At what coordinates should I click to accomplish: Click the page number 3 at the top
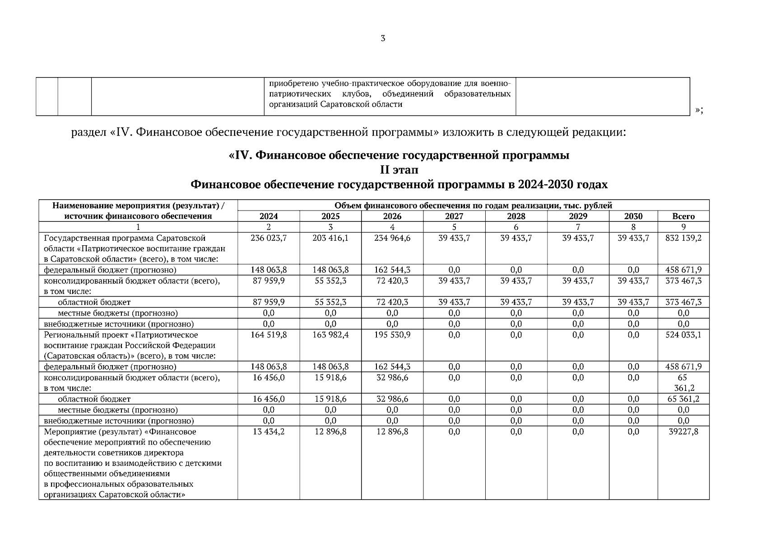click(383, 39)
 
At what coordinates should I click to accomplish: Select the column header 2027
click(454, 216)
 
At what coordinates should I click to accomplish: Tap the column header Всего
click(683, 216)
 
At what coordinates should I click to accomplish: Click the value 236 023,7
click(269, 238)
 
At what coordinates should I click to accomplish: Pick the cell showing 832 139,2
click(683, 238)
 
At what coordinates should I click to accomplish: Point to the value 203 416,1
click(330, 238)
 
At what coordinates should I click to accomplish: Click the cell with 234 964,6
click(392, 238)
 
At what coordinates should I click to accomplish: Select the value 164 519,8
click(269, 335)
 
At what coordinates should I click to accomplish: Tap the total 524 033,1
click(683, 335)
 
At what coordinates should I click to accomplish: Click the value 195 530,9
click(392, 335)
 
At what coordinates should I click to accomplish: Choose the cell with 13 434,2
click(269, 432)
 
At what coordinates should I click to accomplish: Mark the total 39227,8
click(683, 432)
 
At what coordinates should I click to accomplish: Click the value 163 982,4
click(330, 335)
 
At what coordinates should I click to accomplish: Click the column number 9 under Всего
click(683, 227)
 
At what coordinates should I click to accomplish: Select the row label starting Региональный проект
click(121, 335)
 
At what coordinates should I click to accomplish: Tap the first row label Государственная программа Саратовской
click(125, 238)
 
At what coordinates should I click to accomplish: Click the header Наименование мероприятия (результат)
click(138, 206)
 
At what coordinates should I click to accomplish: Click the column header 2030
click(633, 216)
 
